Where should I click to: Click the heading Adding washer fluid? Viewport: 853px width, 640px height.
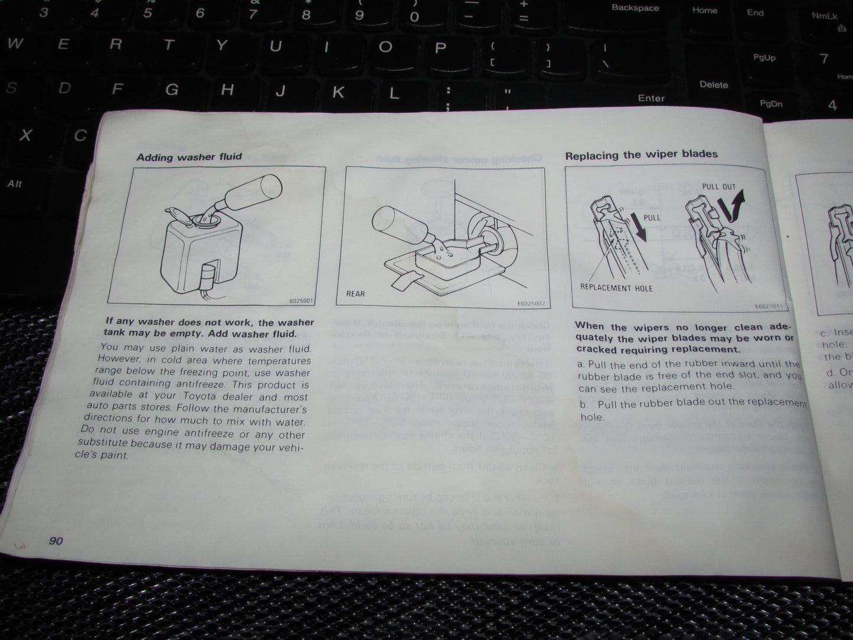189,157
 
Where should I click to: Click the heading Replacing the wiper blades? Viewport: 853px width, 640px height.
641,155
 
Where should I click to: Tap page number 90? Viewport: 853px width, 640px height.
56,541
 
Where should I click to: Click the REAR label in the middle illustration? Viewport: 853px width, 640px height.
355,293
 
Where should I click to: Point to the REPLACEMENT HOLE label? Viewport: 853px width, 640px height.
616,288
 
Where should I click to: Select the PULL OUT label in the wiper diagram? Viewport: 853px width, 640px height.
718,187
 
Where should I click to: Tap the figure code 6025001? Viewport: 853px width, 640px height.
301,301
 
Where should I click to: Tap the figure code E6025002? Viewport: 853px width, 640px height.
530,304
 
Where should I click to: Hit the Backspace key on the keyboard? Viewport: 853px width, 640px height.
635,8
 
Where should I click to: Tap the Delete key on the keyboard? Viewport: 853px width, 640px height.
714,84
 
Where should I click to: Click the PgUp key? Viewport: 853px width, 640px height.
764,57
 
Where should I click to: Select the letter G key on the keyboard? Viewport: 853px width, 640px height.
172,89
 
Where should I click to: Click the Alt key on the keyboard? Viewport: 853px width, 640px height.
15,184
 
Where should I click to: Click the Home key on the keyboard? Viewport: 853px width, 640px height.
704,10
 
